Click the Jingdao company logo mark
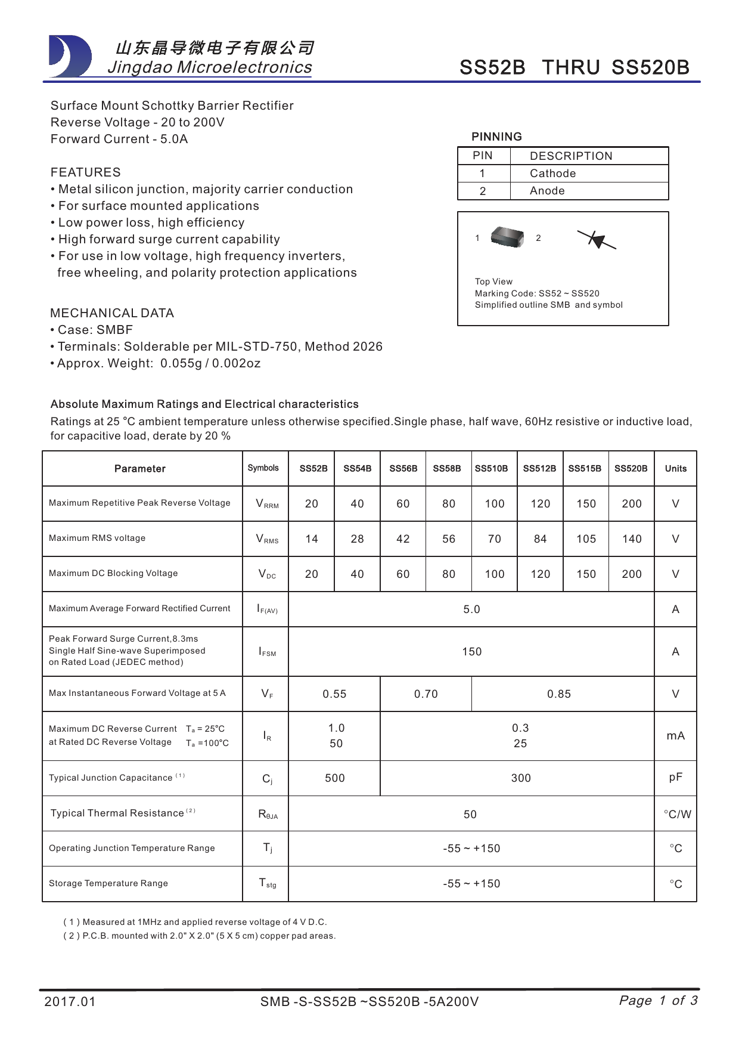click(70, 57)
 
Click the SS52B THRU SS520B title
click(574, 67)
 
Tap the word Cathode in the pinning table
click(552, 174)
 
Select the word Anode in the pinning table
click(547, 191)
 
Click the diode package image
click(507, 237)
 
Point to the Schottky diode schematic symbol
click(597, 240)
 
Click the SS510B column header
click(491, 469)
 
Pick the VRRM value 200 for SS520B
click(631, 504)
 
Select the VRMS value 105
click(586, 539)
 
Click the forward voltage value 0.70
click(426, 694)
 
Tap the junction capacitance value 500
click(334, 778)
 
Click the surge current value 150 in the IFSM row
click(471, 652)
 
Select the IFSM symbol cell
click(267, 652)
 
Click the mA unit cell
click(675, 736)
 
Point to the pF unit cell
click(675, 778)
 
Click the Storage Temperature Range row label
click(108, 883)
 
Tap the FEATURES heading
click(85, 172)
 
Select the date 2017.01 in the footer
click(70, 1002)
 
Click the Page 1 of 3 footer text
click(658, 1001)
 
